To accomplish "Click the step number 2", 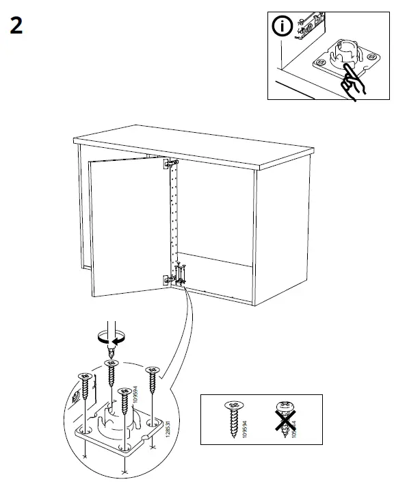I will coord(16,26).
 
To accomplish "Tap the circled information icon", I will coord(284,27).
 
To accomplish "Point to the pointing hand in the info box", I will coord(352,83).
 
